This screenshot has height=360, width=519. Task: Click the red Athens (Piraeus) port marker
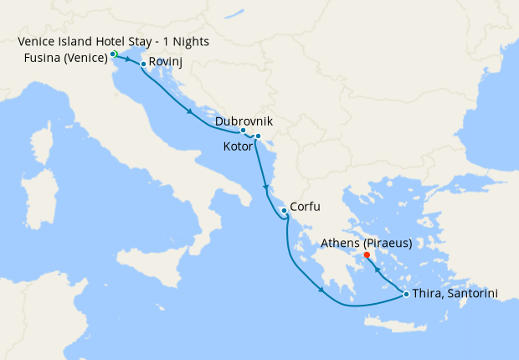point(367,255)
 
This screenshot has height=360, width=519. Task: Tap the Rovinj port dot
point(143,64)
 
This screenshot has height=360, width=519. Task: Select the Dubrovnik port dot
point(243,131)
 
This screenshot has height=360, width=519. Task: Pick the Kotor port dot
point(258,136)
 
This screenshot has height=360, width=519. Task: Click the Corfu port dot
point(285,210)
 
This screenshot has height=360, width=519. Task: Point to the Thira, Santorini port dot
point(406,294)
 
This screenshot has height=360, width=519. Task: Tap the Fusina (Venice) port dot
point(113,54)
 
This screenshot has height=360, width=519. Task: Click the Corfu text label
point(306,207)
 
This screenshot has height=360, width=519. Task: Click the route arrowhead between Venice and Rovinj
point(132,60)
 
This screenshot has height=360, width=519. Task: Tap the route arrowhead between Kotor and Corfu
point(266,187)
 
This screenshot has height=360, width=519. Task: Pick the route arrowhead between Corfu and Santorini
point(321,291)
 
